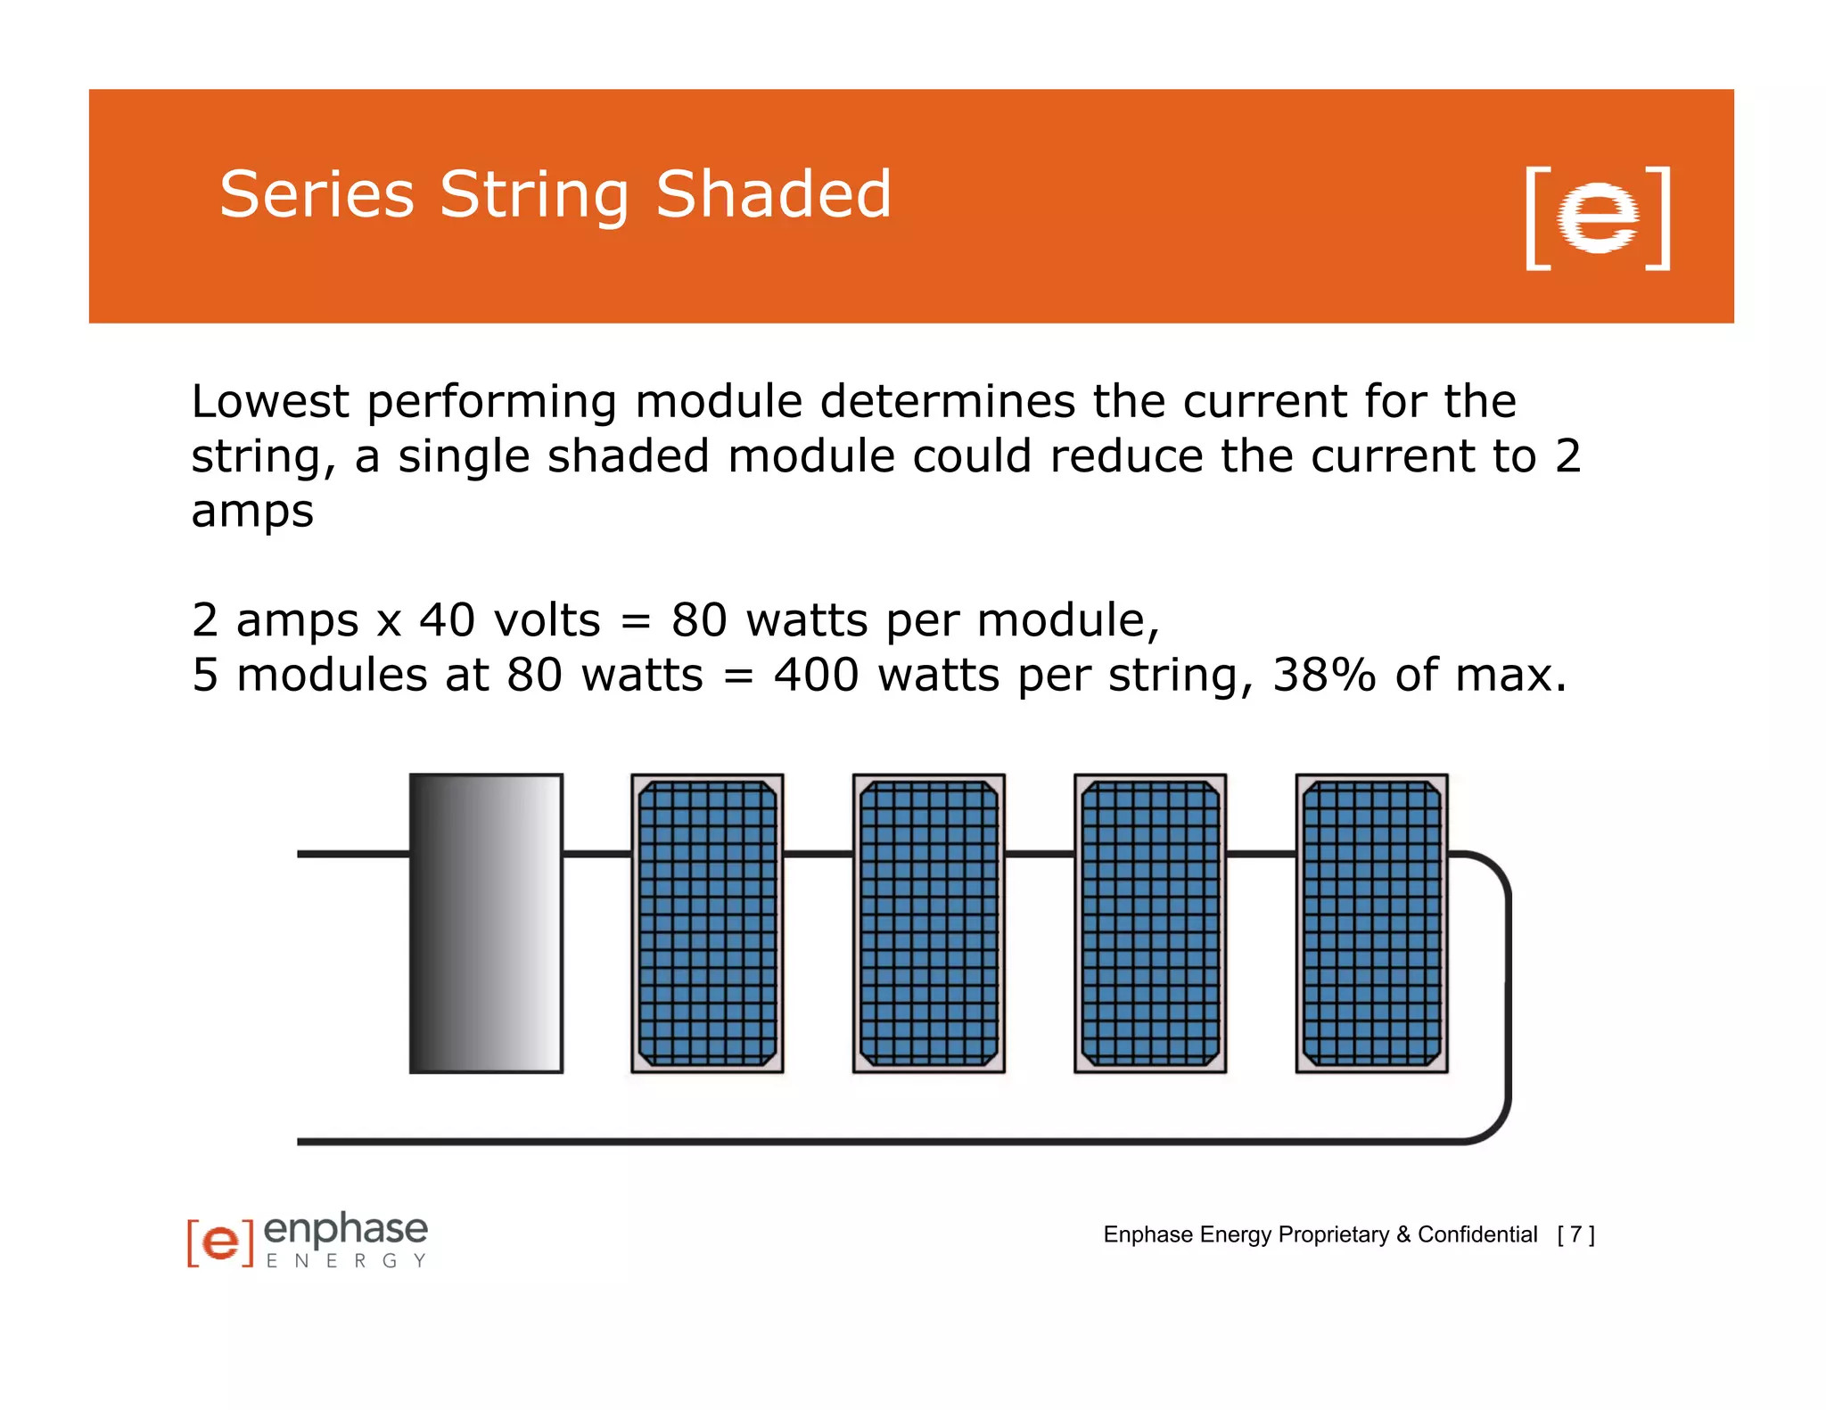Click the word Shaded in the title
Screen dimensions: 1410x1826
click(773, 194)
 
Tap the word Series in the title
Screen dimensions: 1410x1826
click(317, 194)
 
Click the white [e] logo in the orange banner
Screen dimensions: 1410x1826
click(1597, 217)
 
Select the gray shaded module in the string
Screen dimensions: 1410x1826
click(486, 923)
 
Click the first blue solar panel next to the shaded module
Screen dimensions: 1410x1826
click(707, 923)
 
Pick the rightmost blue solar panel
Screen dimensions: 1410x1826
click(1371, 923)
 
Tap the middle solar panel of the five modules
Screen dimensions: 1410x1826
click(928, 923)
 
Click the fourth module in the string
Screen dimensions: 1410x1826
click(1150, 923)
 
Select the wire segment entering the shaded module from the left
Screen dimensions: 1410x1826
click(353, 854)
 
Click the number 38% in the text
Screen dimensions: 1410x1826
click(1324, 675)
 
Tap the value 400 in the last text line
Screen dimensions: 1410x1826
click(816, 675)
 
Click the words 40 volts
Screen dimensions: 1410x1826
click(510, 620)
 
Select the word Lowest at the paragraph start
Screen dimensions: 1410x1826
click(269, 402)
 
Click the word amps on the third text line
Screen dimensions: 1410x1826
click(252, 512)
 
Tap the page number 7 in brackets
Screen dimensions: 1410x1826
click(1575, 1234)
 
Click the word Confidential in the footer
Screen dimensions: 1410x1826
click(1477, 1234)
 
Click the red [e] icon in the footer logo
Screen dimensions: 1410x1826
click(220, 1242)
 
